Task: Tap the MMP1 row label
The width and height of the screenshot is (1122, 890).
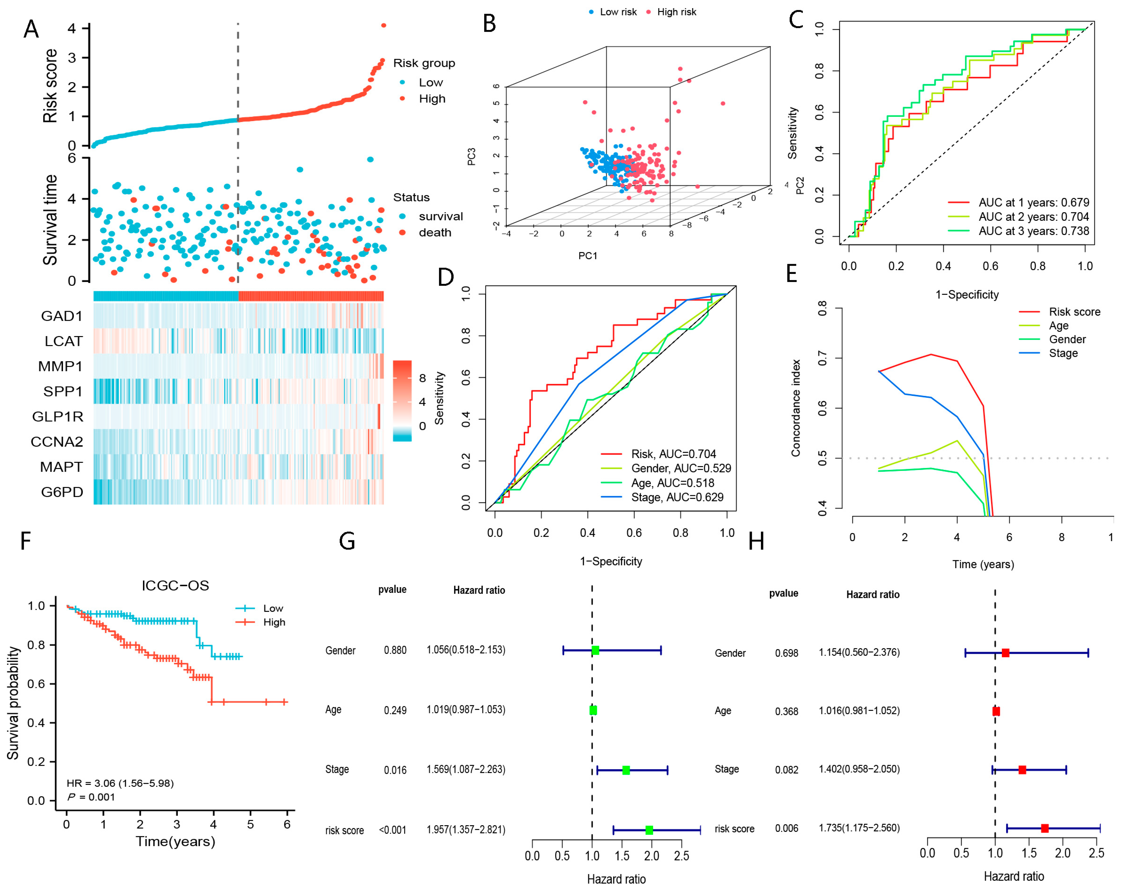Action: pos(60,366)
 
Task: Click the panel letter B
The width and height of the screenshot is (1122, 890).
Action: pos(489,24)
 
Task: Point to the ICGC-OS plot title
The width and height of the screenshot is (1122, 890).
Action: pos(175,586)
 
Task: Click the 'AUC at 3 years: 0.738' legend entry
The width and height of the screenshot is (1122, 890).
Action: pos(1033,231)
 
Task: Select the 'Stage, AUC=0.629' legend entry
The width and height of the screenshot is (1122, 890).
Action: pos(677,497)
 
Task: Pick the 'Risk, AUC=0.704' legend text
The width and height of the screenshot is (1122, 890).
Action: pos(673,454)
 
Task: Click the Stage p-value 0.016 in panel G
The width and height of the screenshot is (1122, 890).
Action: pos(395,770)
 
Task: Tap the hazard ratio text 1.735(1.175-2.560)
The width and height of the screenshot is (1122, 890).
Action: pos(859,828)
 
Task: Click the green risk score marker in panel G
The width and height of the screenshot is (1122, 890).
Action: pos(649,830)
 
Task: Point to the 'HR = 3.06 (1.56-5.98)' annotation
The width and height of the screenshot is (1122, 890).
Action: pos(120,783)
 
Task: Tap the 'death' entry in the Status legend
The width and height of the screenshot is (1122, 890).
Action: pos(435,232)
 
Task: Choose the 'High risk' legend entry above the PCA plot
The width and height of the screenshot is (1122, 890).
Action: pos(676,12)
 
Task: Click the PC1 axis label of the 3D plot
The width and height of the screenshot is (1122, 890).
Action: pos(588,255)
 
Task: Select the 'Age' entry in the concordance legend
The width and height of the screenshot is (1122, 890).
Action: pos(1058,326)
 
